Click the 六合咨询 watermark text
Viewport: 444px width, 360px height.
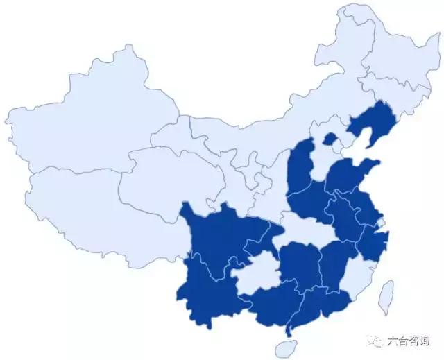[x=409, y=341]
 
